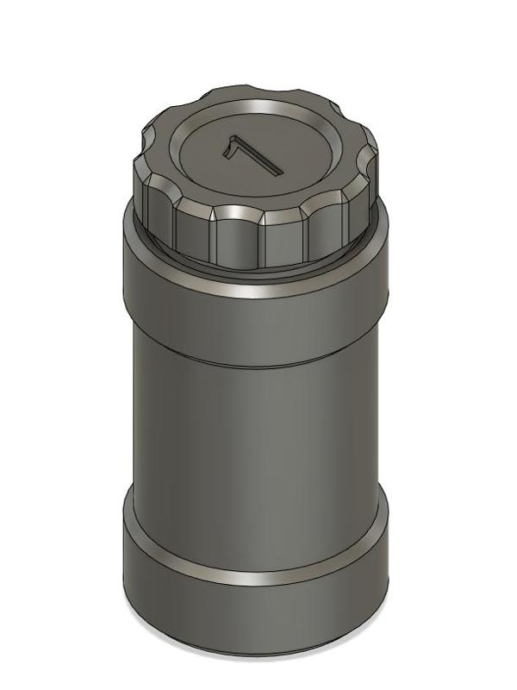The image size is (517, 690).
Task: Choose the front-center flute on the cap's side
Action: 239,237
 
